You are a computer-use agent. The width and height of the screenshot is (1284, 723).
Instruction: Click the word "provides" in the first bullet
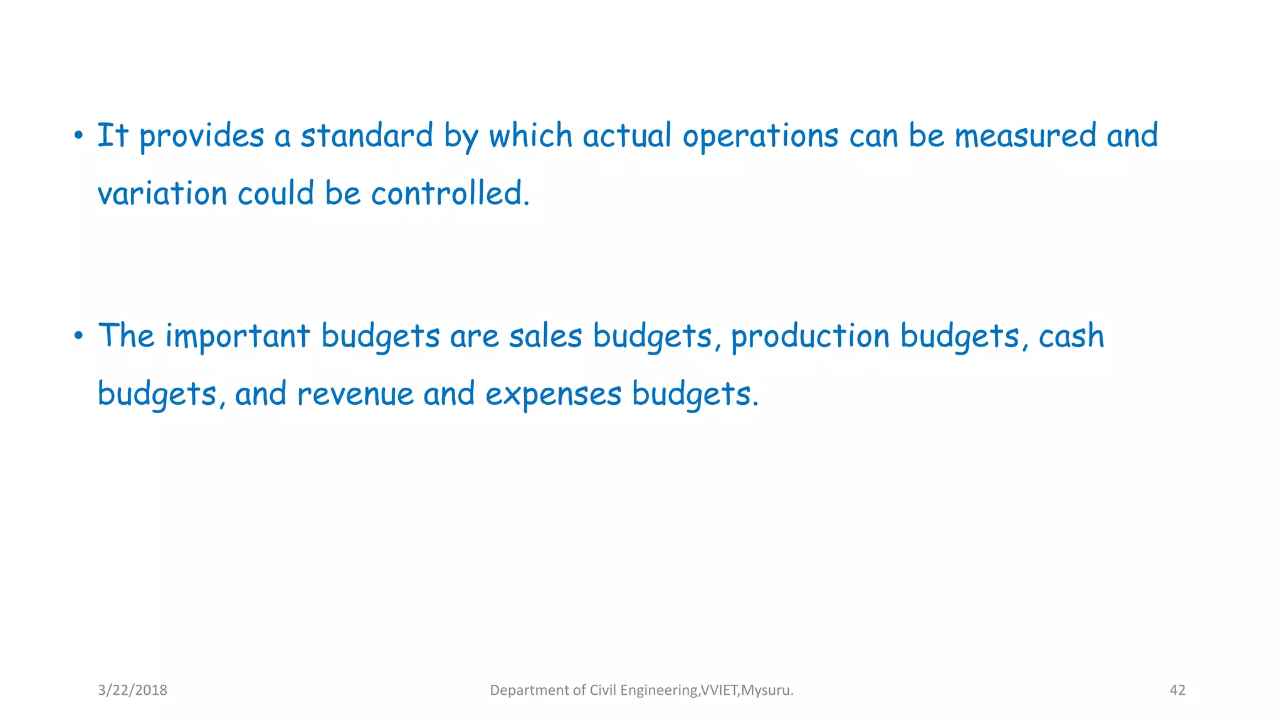point(201,136)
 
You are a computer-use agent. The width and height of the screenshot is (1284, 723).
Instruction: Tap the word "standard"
point(367,136)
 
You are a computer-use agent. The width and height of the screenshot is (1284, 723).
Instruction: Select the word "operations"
point(760,136)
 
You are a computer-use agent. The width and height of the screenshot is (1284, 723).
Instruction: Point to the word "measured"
point(1025,136)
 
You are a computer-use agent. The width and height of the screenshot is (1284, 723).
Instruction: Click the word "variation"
point(162,193)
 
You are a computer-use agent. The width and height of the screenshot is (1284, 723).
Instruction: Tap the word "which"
point(530,136)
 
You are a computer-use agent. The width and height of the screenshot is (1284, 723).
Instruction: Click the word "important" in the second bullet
point(238,336)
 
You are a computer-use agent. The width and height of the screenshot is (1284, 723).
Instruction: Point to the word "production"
point(810,337)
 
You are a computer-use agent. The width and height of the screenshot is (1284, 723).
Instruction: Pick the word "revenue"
point(355,394)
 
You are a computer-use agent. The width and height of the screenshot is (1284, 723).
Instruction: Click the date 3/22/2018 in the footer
point(132,690)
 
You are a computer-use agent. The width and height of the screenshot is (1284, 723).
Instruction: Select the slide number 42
point(1177,690)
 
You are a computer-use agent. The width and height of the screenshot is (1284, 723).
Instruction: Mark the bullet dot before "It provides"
point(78,136)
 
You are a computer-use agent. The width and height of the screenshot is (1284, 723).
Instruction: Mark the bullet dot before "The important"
point(78,336)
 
